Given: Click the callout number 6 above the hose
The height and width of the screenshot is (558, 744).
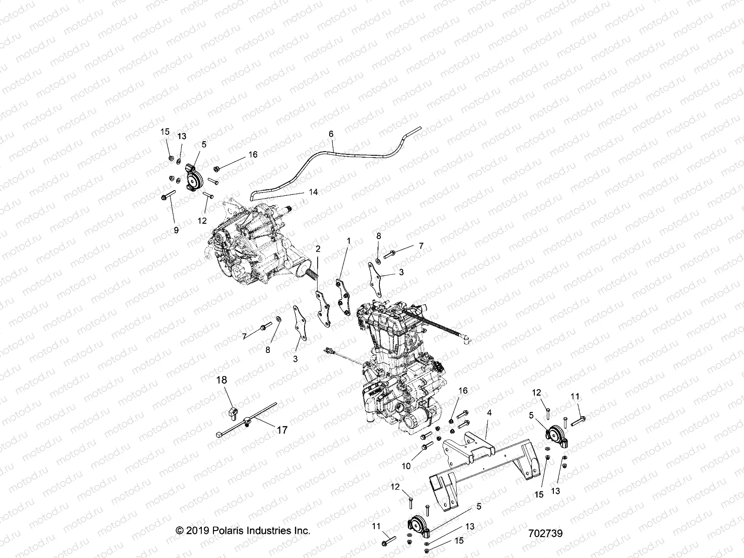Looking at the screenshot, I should [331, 134].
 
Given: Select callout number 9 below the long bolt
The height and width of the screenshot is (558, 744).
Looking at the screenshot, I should [176, 229].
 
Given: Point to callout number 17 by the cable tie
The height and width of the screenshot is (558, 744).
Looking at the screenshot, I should [282, 430].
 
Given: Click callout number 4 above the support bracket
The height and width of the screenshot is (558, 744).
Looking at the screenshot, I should [489, 412].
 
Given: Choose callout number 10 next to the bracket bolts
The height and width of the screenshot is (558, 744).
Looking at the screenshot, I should [406, 466].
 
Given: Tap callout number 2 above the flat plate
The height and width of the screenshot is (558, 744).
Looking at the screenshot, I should [318, 249].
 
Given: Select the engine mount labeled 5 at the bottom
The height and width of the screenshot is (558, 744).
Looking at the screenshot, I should [417, 525].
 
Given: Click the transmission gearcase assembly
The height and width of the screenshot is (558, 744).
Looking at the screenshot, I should [251, 244].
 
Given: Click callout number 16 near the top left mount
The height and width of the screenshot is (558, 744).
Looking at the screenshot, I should [252, 154].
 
